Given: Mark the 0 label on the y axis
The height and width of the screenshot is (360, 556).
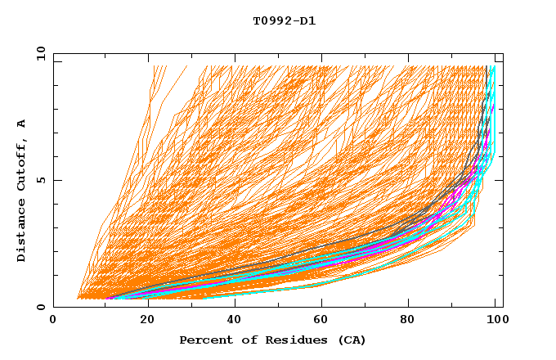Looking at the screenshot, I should [40, 307].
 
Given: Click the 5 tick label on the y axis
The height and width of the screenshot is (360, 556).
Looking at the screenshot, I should [40, 180].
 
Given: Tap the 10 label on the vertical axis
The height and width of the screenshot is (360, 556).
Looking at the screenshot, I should [37, 53].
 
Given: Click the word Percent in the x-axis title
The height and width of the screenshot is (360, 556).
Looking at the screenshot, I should [204, 340].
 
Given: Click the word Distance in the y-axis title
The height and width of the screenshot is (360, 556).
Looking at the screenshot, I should [21, 230].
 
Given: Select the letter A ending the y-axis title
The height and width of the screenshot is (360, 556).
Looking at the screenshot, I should [21, 124].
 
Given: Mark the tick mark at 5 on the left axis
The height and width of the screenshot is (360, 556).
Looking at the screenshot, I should [56, 180].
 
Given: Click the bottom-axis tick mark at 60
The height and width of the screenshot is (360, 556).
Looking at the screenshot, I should [319, 304].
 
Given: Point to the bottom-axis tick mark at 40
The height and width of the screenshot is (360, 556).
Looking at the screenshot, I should [231, 304].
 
